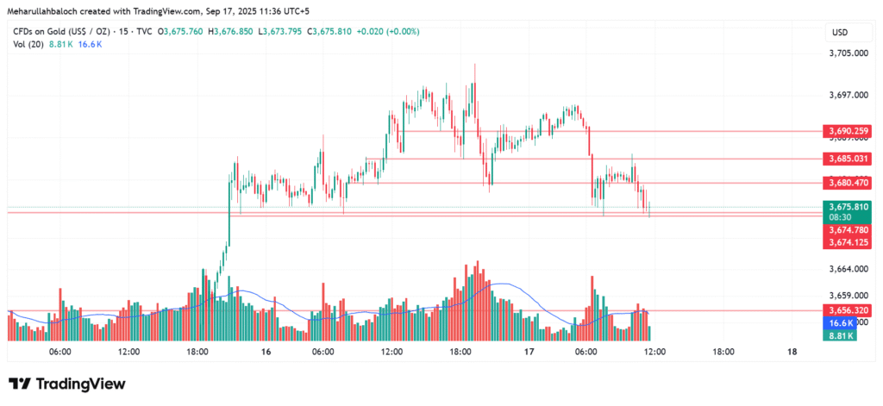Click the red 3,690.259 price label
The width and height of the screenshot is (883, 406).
point(848,131)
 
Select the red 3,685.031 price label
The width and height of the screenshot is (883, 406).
point(848,159)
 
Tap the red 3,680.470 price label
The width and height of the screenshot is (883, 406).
point(848,183)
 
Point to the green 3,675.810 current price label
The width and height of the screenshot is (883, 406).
point(848,207)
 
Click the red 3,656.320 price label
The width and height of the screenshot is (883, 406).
point(848,310)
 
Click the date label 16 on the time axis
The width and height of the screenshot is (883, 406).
point(266,352)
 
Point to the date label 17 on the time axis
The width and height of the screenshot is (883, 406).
point(529,352)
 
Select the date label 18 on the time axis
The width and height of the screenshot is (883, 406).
point(792,352)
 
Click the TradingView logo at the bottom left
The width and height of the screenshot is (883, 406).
point(67,384)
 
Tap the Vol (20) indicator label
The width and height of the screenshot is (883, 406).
point(29,44)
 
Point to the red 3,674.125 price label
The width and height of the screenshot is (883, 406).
point(848,243)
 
